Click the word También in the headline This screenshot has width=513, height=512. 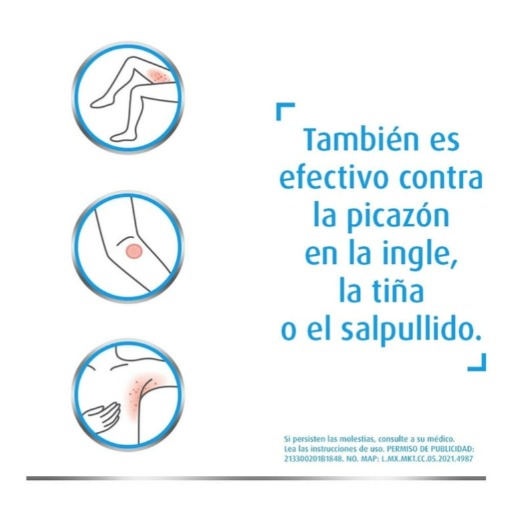[x=361, y=140]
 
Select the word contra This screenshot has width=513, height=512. [x=441, y=179]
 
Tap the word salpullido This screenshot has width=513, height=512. [x=411, y=330]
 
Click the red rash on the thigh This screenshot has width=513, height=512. [x=157, y=76]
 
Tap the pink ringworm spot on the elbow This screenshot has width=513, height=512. [x=134, y=251]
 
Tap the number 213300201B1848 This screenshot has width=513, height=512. [x=314, y=459]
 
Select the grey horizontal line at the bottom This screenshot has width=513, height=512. [x=256, y=478]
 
